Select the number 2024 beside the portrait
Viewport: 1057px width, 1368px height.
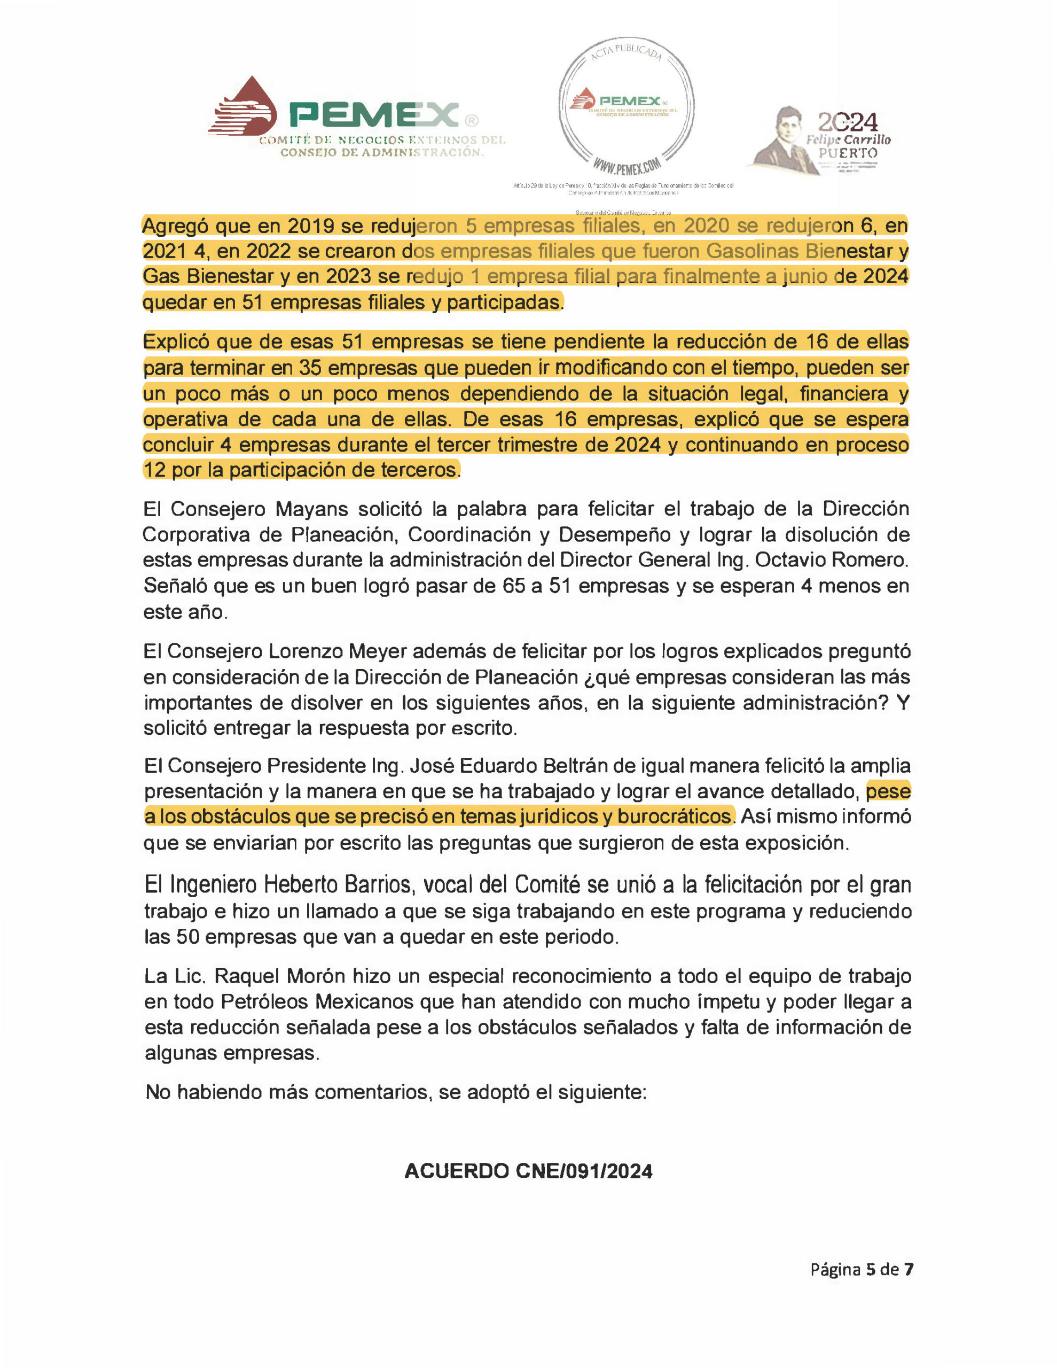click(x=847, y=121)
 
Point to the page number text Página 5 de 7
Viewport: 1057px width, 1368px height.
click(x=862, y=1270)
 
